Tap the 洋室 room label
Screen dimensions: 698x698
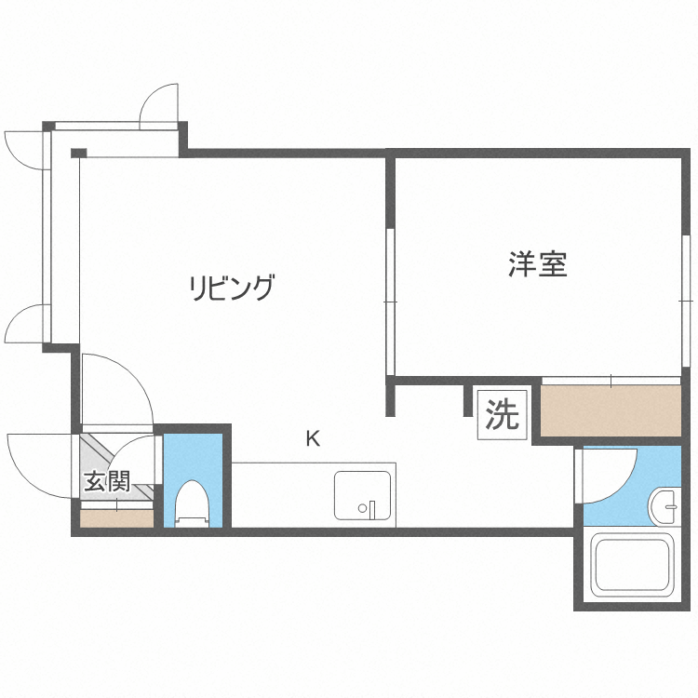(x=538, y=264)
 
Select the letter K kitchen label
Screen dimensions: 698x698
(x=314, y=438)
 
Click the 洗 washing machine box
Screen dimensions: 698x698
(x=503, y=413)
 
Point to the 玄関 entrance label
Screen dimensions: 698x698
(x=105, y=482)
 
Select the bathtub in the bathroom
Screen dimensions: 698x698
(x=633, y=566)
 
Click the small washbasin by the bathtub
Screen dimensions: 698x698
(x=664, y=505)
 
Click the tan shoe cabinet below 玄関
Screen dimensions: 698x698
(x=116, y=517)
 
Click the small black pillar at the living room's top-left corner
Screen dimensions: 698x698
(x=78, y=153)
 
